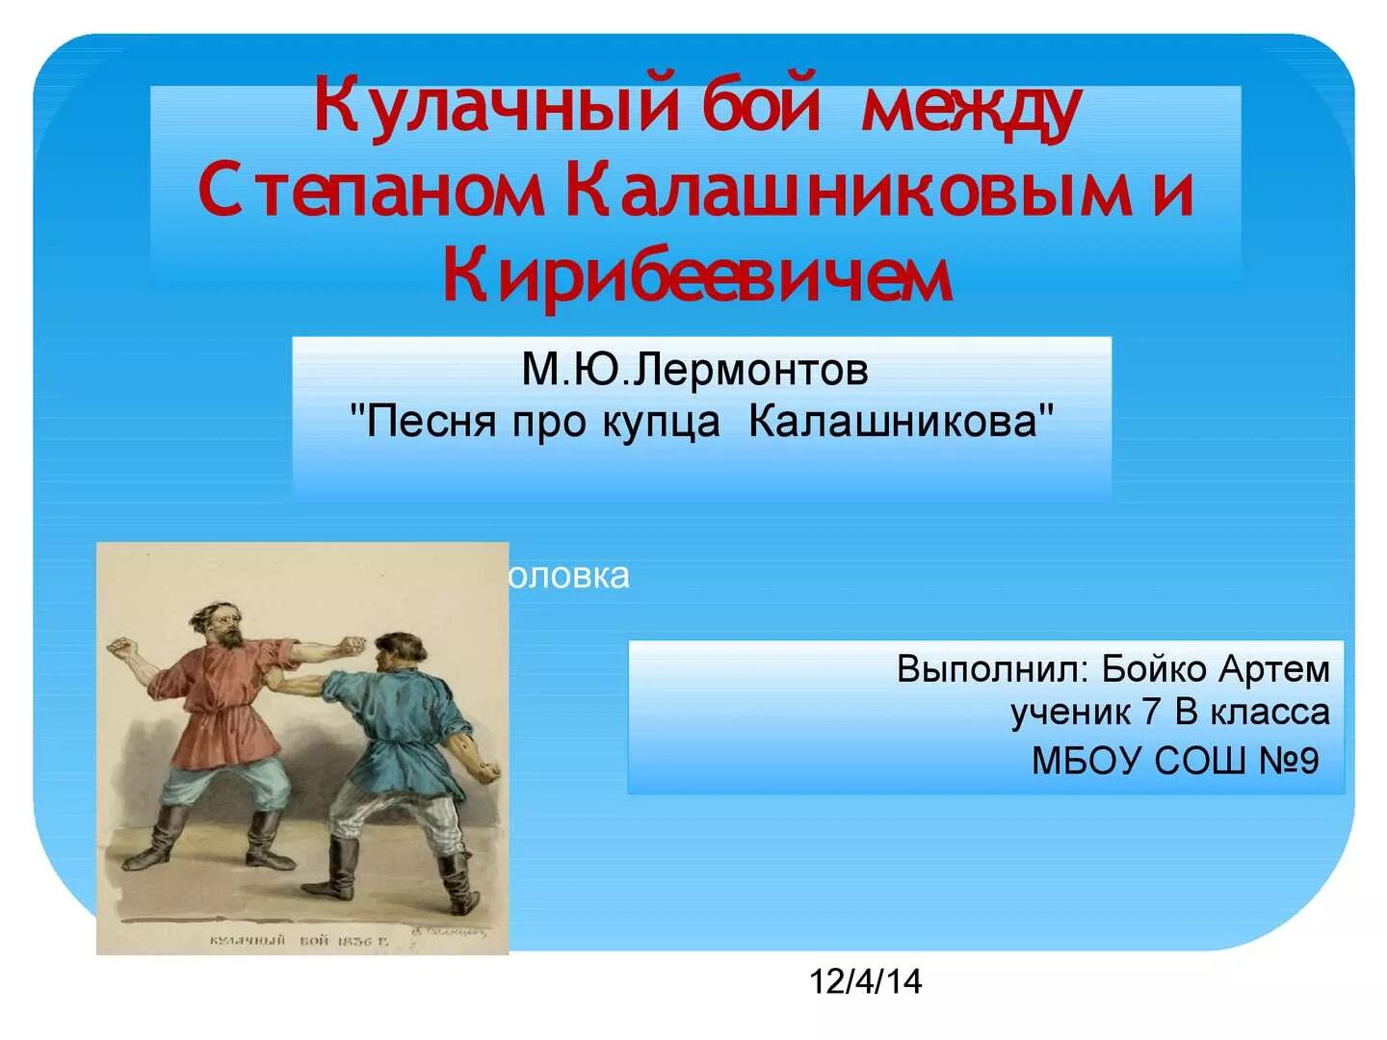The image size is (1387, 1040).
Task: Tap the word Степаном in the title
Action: tap(371, 191)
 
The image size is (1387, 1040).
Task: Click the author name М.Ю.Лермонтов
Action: tap(694, 370)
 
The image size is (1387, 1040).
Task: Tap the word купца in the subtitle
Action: tap(661, 422)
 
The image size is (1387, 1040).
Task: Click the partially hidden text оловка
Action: tap(569, 576)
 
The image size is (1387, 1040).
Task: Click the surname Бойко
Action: tap(1155, 669)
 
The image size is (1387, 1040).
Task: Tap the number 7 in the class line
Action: tap(1151, 713)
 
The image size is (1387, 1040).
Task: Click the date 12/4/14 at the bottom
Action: tap(865, 981)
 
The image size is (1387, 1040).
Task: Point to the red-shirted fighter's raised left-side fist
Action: tap(121, 647)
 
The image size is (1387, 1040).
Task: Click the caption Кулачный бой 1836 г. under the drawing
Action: tap(299, 940)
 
